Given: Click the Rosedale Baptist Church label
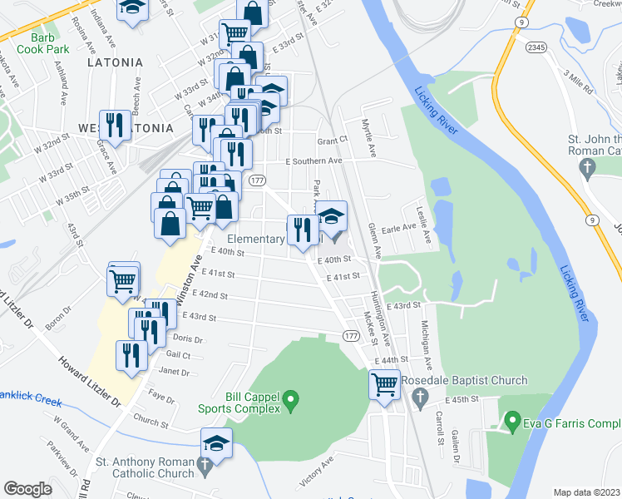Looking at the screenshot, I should tap(464, 381).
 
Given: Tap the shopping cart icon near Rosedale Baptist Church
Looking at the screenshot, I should tap(384, 384).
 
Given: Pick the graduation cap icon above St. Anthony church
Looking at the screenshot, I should tap(216, 442).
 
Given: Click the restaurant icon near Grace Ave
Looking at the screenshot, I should tap(115, 125).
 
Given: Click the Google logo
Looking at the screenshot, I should tap(27, 489).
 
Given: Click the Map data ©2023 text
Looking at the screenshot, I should tap(586, 492).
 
